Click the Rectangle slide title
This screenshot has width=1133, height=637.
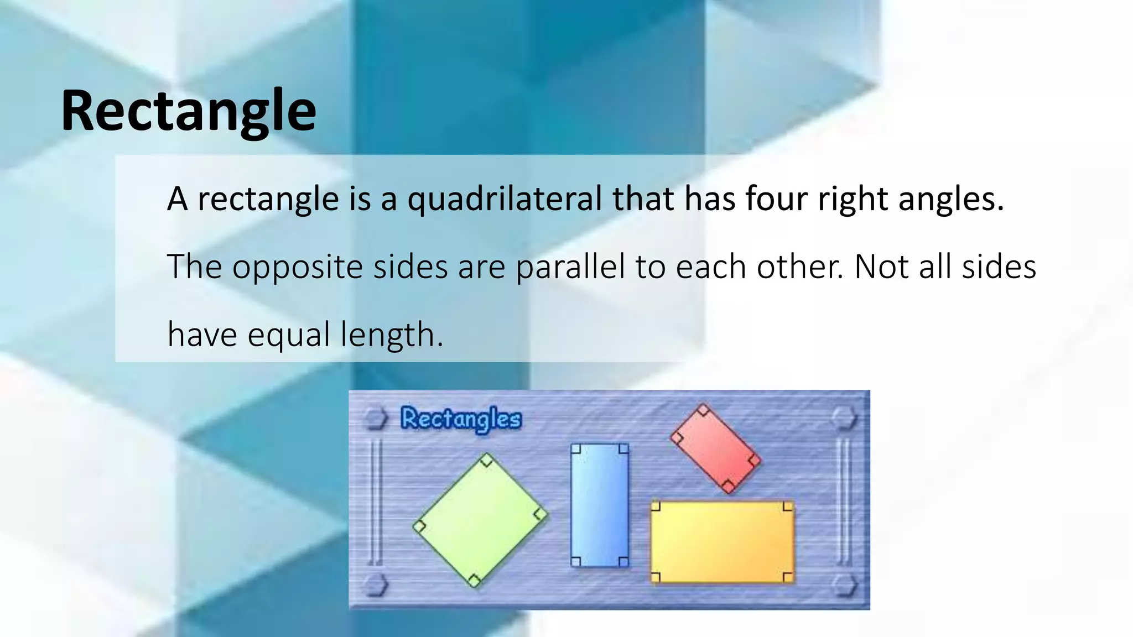coord(188,111)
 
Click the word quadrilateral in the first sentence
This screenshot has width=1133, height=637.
coord(504,199)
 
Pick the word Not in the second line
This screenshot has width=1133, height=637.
coord(881,267)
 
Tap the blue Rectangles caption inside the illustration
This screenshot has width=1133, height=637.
coord(461,419)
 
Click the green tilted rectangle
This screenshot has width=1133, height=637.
coord(480,520)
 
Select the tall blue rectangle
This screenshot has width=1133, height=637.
coord(600,505)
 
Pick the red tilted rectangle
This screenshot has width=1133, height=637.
coord(715,448)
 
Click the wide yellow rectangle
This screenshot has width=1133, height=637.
coord(722,542)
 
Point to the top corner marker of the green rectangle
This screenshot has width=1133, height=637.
coord(486,460)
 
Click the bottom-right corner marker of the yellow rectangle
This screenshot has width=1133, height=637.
coord(788,577)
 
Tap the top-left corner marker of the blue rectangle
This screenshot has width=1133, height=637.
coord(576,448)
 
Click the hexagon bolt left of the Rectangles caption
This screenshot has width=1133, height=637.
coord(376,419)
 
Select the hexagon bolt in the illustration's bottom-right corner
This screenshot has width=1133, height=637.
coord(844,585)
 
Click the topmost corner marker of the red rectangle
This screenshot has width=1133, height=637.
coord(703,410)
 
